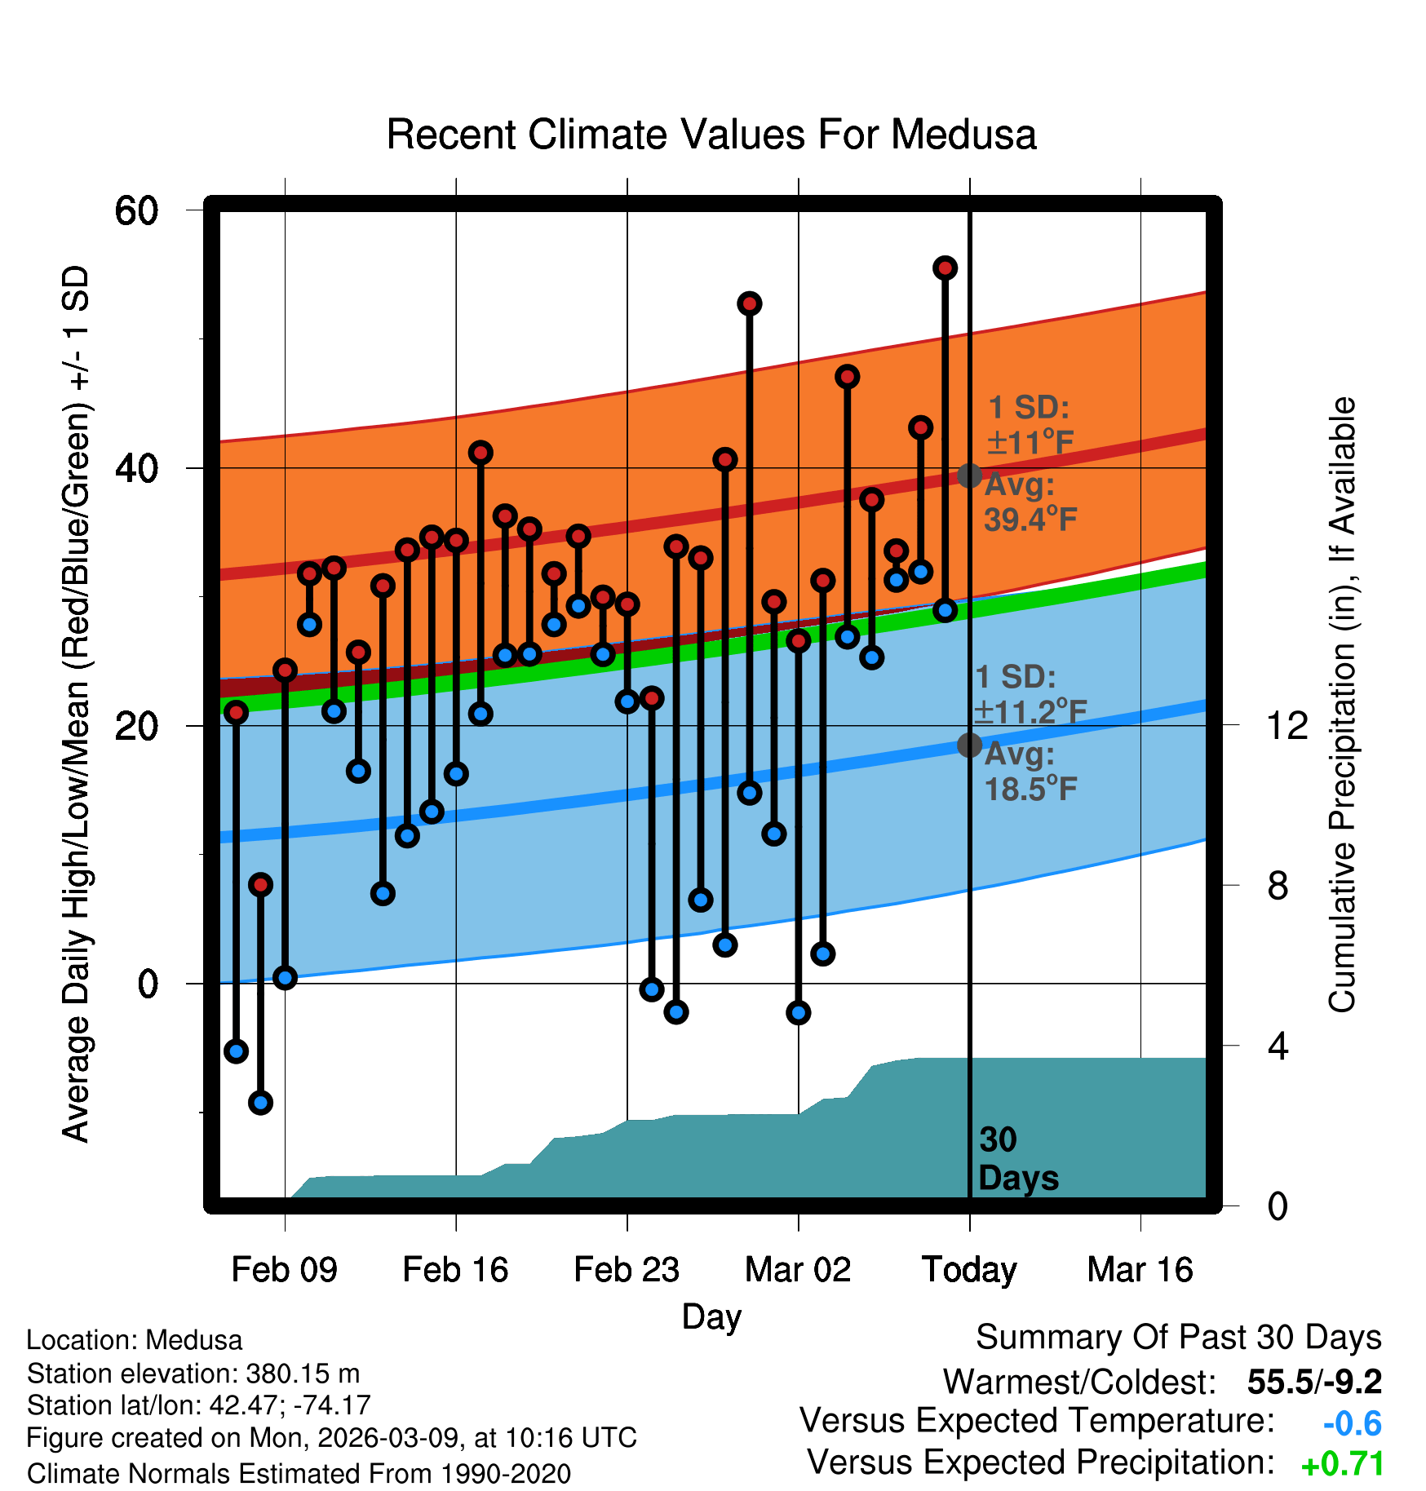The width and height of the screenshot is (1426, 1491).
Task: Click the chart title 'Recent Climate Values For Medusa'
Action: [711, 135]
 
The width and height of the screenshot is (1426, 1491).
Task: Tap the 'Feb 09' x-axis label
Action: [284, 1270]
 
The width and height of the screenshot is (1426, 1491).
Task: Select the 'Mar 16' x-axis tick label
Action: [1140, 1270]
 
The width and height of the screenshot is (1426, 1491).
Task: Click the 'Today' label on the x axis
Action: [969, 1270]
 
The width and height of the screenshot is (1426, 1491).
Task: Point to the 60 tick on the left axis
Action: [136, 210]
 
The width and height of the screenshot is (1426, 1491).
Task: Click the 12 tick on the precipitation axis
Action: [1286, 725]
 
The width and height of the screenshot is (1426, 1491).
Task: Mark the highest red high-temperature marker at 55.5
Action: [945, 268]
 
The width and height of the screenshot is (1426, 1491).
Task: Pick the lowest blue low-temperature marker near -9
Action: [260, 1103]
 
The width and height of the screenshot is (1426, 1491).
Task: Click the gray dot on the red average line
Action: [969, 476]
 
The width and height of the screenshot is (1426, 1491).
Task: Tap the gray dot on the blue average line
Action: [969, 745]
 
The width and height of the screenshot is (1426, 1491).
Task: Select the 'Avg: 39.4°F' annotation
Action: [1030, 502]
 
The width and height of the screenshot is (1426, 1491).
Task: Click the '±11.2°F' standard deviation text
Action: [1030, 711]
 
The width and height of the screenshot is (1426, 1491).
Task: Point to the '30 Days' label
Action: [1017, 1159]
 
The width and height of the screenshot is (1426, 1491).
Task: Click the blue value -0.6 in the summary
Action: [1352, 1423]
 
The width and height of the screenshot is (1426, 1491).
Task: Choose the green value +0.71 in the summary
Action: [1343, 1464]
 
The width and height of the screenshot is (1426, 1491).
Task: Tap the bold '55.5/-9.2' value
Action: [1314, 1382]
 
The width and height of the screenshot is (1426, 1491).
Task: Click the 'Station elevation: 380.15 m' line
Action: [193, 1374]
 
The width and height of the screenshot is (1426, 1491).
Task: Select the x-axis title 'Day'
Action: [711, 1316]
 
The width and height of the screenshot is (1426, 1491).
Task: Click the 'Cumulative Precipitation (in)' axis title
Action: [1342, 706]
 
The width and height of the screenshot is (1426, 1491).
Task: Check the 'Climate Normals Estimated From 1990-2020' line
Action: [299, 1474]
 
